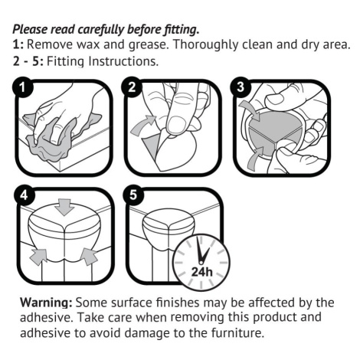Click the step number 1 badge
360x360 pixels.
pyautogui.click(x=23, y=87)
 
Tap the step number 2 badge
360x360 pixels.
pyautogui.click(x=132, y=87)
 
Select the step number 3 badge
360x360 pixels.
pyautogui.click(x=241, y=87)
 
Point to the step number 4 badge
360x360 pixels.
pyautogui.click(x=24, y=195)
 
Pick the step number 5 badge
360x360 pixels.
pyautogui.click(x=133, y=195)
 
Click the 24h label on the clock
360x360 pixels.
pyautogui.click(x=201, y=272)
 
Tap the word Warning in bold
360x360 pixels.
pyautogui.click(x=46, y=303)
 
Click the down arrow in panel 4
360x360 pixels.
pyautogui.click(x=64, y=207)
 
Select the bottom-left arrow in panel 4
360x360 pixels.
pyautogui.click(x=38, y=257)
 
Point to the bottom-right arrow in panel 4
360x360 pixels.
pyautogui.click(x=89, y=257)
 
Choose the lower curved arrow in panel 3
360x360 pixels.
pyautogui.click(x=255, y=159)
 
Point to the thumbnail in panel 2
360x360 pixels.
pyautogui.click(x=176, y=126)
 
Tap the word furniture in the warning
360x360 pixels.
pyautogui.click(x=237, y=333)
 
